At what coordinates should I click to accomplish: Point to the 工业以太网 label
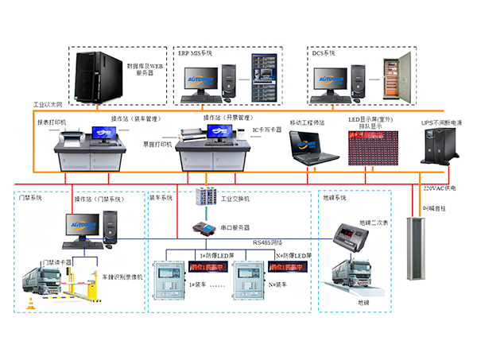pyautogui.click(x=48, y=104)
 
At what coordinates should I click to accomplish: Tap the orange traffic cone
pyautogui.click(x=33, y=303)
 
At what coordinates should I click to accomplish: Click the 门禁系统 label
pyautogui.click(x=30, y=197)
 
